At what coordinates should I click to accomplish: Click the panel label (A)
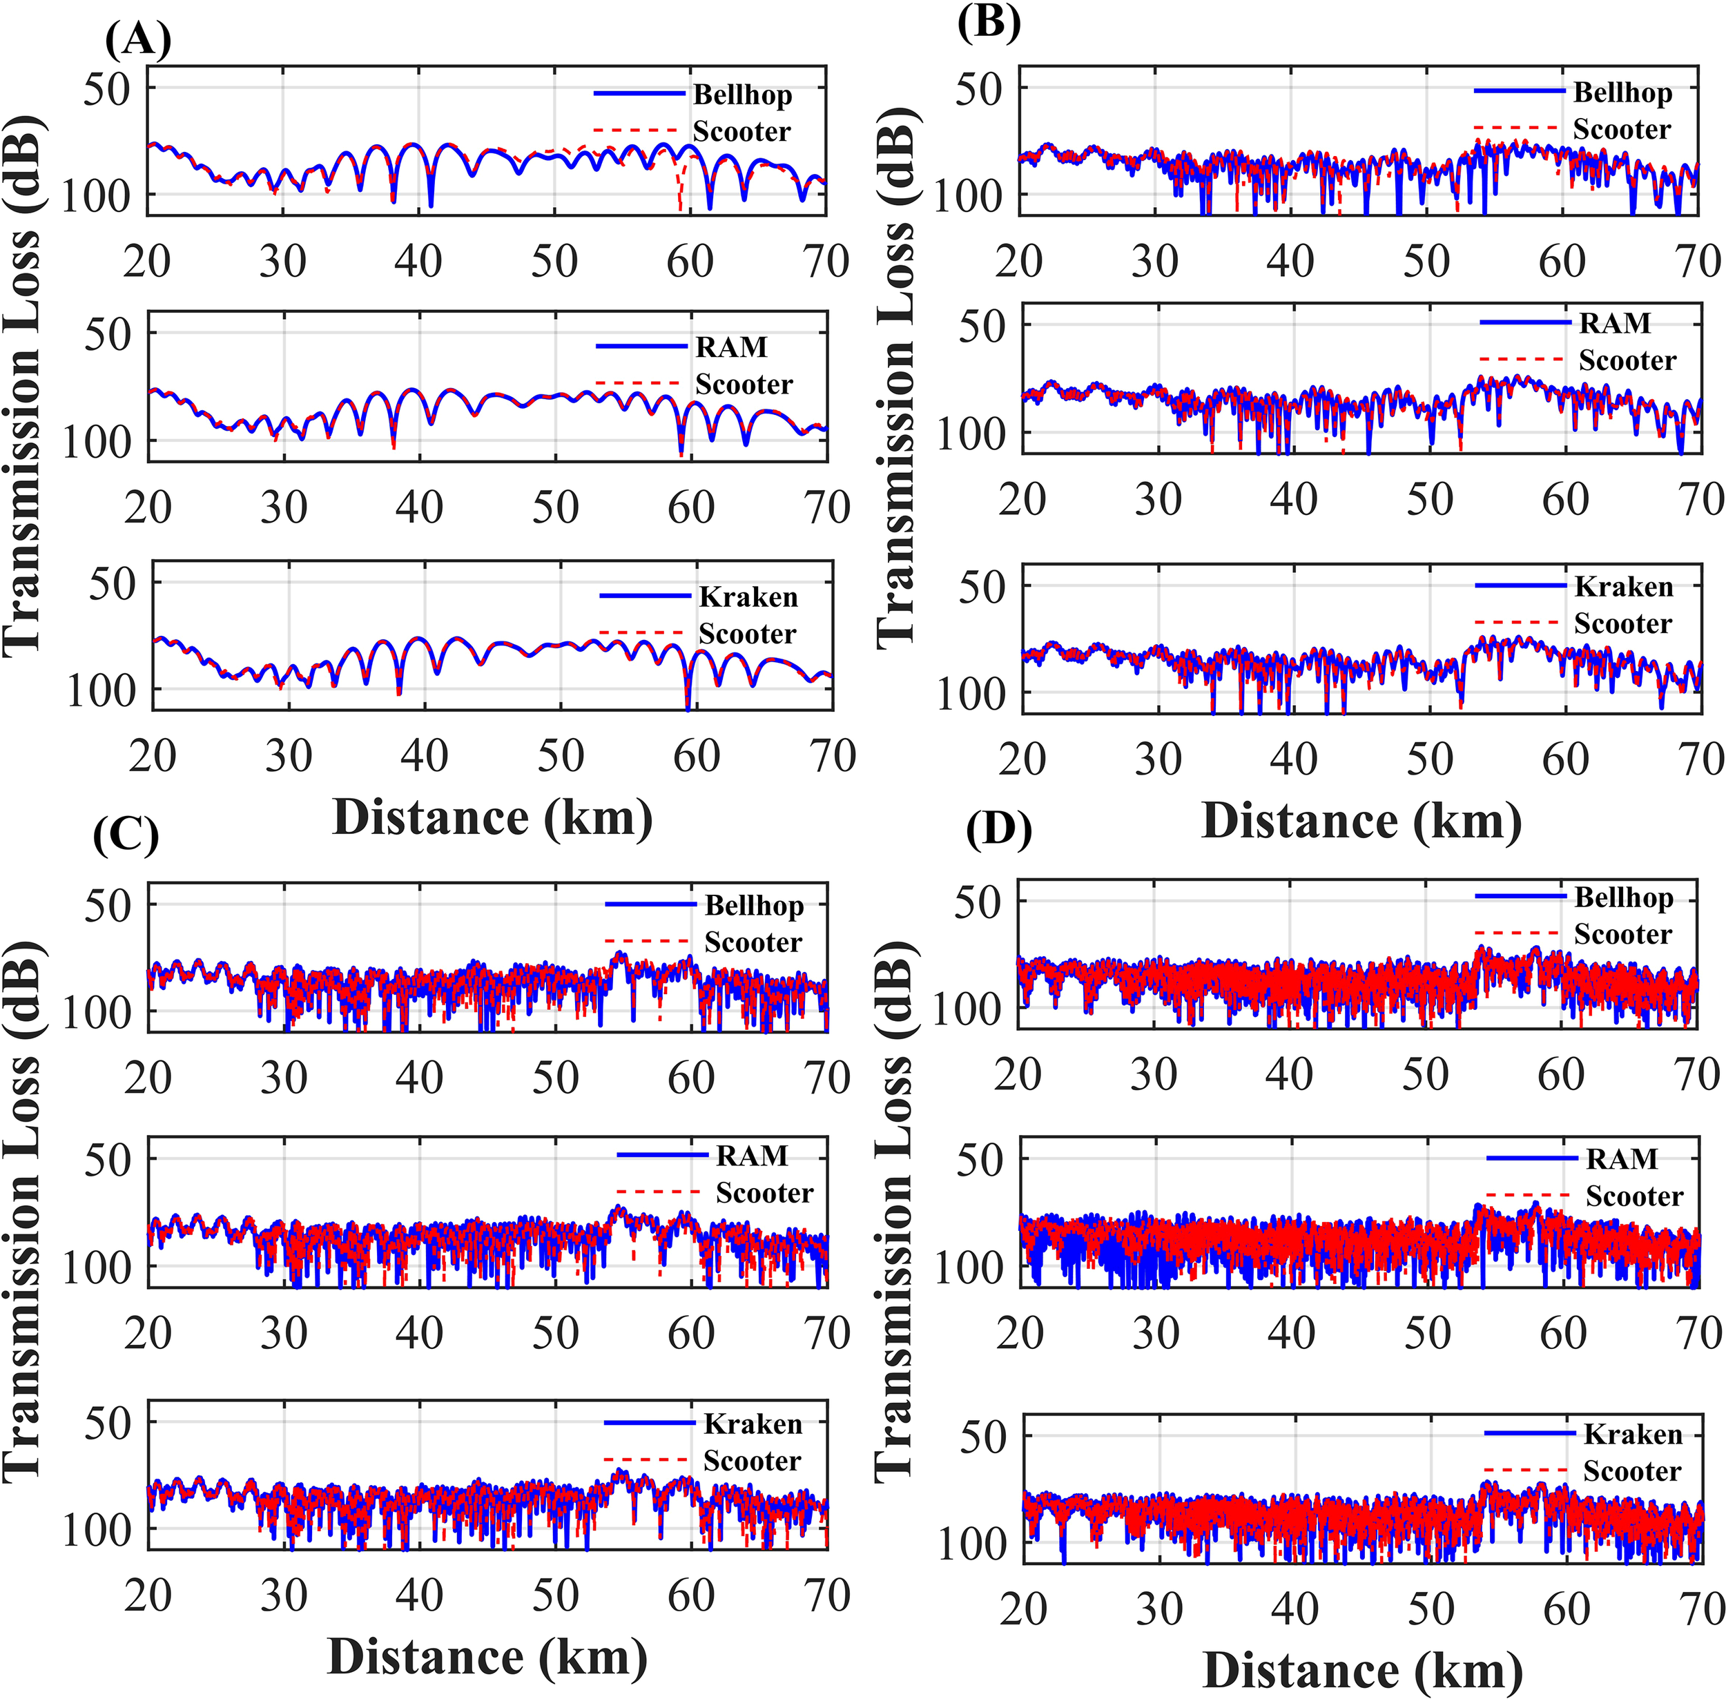coord(137,40)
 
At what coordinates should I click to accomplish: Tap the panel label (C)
coord(126,835)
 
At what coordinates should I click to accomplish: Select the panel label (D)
coord(998,831)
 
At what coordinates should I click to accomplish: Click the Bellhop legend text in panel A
coord(741,95)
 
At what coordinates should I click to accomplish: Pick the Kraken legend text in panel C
coord(753,1424)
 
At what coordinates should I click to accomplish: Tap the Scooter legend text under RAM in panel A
coord(744,385)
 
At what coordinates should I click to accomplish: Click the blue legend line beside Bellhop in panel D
coord(1520,896)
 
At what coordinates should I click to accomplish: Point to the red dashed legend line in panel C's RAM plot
coord(661,1192)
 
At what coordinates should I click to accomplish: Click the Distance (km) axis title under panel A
coord(492,817)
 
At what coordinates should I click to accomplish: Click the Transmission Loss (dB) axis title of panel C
coord(21,1214)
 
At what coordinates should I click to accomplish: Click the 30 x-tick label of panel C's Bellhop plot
coord(283,1078)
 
